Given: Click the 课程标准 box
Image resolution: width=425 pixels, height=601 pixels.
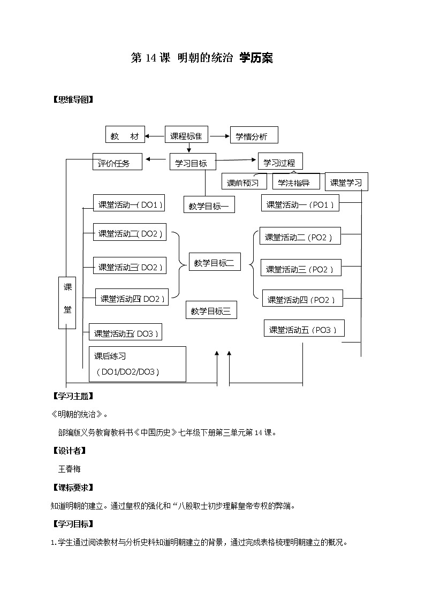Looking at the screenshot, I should tap(186, 136).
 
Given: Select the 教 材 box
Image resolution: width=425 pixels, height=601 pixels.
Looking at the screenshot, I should tap(125, 136).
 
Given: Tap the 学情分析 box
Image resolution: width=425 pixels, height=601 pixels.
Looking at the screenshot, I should tap(254, 136).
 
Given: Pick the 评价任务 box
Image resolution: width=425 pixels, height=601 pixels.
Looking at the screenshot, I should tap(117, 162).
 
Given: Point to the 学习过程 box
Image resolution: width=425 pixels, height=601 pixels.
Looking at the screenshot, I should tap(280, 162).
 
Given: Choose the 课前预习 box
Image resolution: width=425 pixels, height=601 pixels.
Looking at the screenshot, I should tap(244, 182).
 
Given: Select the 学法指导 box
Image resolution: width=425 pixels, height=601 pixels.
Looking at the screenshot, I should tap(295, 182).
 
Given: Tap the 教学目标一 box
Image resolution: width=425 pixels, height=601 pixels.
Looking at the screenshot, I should tap(209, 204).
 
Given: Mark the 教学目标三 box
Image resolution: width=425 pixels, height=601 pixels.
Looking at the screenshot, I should tap(211, 310).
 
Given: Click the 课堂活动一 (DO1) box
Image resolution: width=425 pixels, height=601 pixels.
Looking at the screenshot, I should tap(128, 204).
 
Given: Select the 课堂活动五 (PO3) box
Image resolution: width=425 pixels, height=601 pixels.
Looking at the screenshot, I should tap(303, 329).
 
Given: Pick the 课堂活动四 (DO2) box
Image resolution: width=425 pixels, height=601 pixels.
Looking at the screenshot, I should tap(132, 298).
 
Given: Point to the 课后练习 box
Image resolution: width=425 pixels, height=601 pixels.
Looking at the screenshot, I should tap(138, 364).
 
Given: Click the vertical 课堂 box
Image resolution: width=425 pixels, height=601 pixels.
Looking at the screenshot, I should tap(67, 302).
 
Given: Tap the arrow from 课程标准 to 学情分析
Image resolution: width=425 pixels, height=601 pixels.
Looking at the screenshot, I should tap(219, 136).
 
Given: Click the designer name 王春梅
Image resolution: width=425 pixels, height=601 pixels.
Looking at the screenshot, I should tap(69, 468).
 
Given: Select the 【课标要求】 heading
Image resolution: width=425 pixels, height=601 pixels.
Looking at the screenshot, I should tap(72, 487).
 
